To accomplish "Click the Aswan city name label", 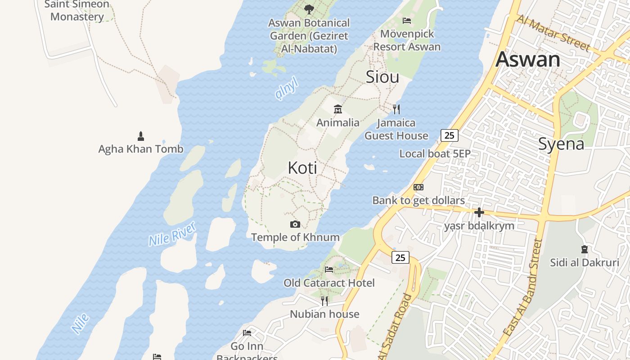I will click(528, 59).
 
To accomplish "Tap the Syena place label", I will click(561, 144).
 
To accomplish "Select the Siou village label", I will click(382, 76).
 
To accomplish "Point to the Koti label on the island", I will click(302, 168).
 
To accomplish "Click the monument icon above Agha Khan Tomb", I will click(141, 136).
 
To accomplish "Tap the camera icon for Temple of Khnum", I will click(295, 224).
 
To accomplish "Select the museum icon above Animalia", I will click(338, 109).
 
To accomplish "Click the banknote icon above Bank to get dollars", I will click(418, 187).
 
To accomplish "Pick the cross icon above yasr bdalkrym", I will click(479, 212).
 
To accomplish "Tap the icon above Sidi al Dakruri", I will click(584, 249).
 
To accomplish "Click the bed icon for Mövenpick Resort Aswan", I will click(407, 21).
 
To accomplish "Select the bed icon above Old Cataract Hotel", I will click(329, 270).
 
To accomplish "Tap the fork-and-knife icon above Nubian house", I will click(324, 301).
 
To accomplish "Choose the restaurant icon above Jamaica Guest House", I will click(396, 109).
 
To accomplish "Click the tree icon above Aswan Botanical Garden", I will click(309, 9).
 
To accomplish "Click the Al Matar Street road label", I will click(553, 33).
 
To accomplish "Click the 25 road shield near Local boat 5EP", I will click(449, 135).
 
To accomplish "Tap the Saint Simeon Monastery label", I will click(77, 10).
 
